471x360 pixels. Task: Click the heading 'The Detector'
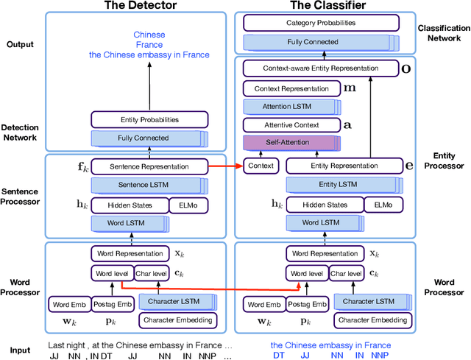[140, 7]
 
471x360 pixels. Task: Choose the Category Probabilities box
[327, 23]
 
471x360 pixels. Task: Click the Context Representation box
[291, 88]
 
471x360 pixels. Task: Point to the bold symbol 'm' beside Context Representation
[350, 88]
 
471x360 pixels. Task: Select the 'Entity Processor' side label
[444, 160]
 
